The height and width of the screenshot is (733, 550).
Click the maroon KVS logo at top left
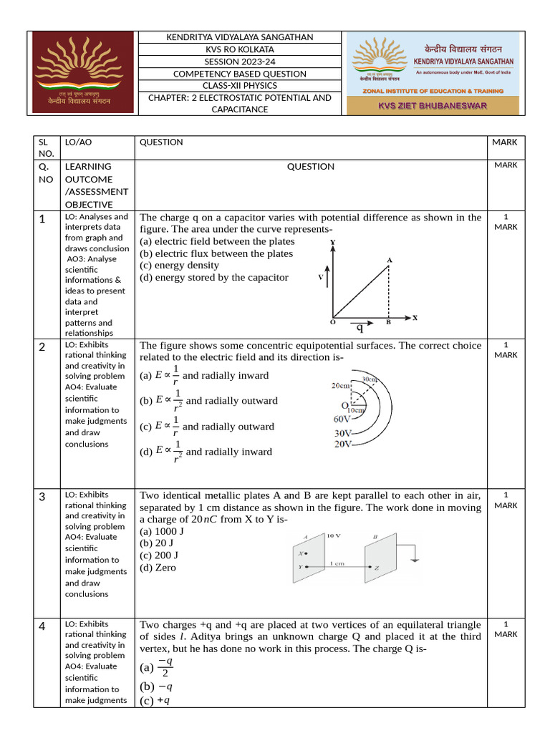pyautogui.click(x=85, y=72)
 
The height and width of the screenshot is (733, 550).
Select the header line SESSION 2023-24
pyautogui.click(x=239, y=62)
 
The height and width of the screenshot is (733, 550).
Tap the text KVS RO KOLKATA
pyautogui.click(x=239, y=49)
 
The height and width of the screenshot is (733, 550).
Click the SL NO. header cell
pyautogui.click(x=46, y=147)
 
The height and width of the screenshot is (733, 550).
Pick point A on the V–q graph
pyautogui.click(x=389, y=261)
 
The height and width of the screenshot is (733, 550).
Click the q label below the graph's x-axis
pyautogui.click(x=360, y=329)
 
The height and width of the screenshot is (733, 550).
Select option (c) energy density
pyautogui.click(x=179, y=265)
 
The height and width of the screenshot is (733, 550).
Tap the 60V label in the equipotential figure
pyautogui.click(x=342, y=419)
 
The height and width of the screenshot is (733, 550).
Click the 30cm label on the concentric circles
pyautogui.click(x=370, y=379)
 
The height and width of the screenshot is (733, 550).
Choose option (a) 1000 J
pyautogui.click(x=161, y=531)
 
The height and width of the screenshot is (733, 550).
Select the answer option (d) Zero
pyautogui.click(x=158, y=568)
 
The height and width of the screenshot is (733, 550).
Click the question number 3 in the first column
pyautogui.click(x=42, y=496)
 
